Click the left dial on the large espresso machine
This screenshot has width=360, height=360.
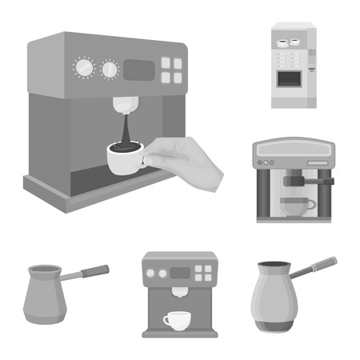(83, 68)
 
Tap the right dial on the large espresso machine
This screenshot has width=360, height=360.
(109, 70)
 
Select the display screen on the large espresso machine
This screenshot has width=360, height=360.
(139, 70)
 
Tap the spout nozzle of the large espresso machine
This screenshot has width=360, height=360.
(124, 105)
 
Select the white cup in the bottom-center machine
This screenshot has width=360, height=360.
(175, 320)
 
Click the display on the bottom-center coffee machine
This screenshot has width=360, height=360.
(182, 273)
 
